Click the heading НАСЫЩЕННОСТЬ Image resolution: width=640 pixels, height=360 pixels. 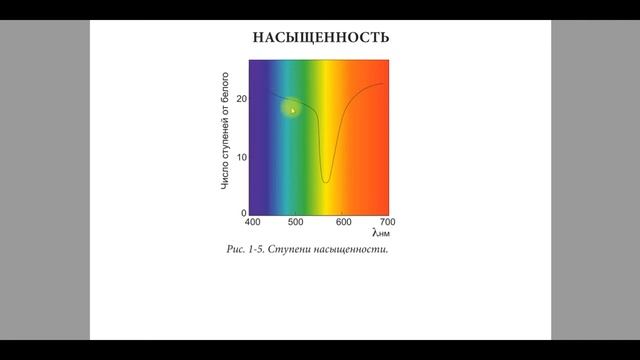[320, 38]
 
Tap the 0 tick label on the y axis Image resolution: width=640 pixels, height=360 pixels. [243, 213]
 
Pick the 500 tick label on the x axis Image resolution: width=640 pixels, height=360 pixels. [297, 222]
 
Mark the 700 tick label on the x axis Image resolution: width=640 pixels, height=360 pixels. [386, 222]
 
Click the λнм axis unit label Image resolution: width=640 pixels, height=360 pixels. [379, 234]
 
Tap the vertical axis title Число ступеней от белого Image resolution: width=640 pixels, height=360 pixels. [226, 130]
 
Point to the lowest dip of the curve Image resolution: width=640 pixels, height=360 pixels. [326, 182]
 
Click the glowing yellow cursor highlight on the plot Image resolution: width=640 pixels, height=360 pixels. [292, 110]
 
